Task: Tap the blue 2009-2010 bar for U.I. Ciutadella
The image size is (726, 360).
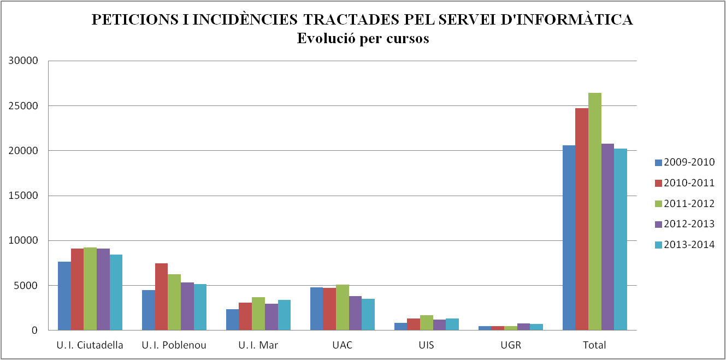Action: pos(64,296)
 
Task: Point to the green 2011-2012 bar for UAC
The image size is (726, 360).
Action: pos(343,307)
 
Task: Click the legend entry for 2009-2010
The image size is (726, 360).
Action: pos(684,162)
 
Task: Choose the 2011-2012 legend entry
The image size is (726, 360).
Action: pos(684,203)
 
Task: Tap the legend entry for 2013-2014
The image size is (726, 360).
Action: pos(684,245)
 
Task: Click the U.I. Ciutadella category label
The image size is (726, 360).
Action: pos(90,345)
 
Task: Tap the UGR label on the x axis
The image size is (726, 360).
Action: pos(511,345)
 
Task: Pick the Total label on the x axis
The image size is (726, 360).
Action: pos(595,345)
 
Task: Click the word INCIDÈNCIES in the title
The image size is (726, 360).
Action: pos(243,20)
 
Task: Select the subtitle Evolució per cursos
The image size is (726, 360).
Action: pos(363,39)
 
